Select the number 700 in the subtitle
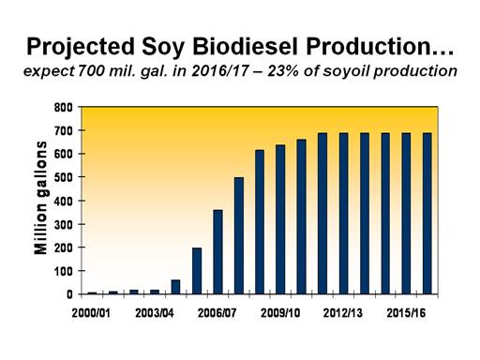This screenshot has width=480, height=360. click(91, 71)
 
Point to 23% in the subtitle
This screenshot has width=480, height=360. click(282, 71)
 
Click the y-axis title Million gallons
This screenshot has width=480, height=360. click(40, 198)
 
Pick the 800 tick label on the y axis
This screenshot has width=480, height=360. click(64, 108)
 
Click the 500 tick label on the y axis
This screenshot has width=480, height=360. click(64, 177)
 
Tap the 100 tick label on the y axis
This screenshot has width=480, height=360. click(64, 271)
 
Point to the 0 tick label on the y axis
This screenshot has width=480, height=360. click(69, 294)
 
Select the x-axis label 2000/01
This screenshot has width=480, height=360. click(91, 313)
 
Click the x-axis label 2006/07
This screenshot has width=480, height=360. click(217, 313)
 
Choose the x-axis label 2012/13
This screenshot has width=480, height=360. click(343, 313)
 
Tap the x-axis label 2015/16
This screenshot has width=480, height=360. click(406, 313)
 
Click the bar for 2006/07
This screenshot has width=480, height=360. click(217, 252)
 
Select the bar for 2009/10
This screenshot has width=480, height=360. click(280, 219)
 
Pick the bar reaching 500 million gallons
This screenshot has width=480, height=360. click(239, 235)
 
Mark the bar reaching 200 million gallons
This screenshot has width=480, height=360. click(197, 271)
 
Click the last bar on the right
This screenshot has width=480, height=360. click(427, 214)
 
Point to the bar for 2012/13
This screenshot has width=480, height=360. click(344, 214)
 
